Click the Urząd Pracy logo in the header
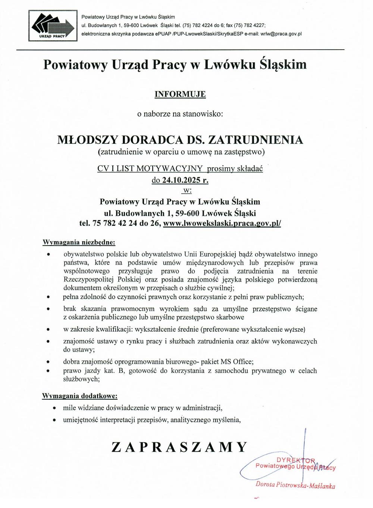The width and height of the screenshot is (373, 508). tap(53, 26)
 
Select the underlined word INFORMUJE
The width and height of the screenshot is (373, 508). tap(180, 94)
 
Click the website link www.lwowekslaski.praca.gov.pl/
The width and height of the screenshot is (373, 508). tap(222, 224)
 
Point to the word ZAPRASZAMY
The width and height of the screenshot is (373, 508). tap(179, 447)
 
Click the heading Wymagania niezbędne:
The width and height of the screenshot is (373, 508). tap(79, 243)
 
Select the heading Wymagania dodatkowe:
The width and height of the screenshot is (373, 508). tap(80, 396)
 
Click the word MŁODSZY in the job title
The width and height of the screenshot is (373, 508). tap(88, 140)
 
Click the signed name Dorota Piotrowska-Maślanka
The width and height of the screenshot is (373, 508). tap(295, 485)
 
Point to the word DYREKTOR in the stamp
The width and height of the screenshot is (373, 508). tap(296, 460)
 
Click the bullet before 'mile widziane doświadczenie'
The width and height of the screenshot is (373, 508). tap(55, 408)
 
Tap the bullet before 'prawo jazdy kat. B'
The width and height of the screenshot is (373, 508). tap(48, 371)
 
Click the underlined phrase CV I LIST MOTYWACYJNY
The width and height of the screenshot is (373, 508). tap(150, 168)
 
